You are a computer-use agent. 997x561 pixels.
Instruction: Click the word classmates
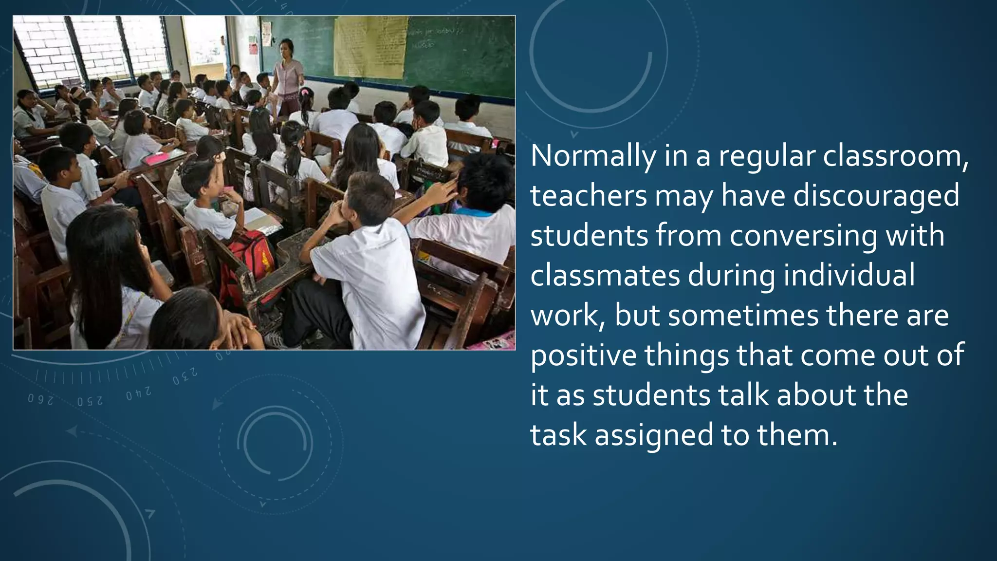click(605, 276)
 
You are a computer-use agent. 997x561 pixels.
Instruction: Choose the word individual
click(849, 276)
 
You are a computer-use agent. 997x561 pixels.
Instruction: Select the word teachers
click(589, 196)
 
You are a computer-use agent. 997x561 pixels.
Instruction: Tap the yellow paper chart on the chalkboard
click(370, 46)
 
